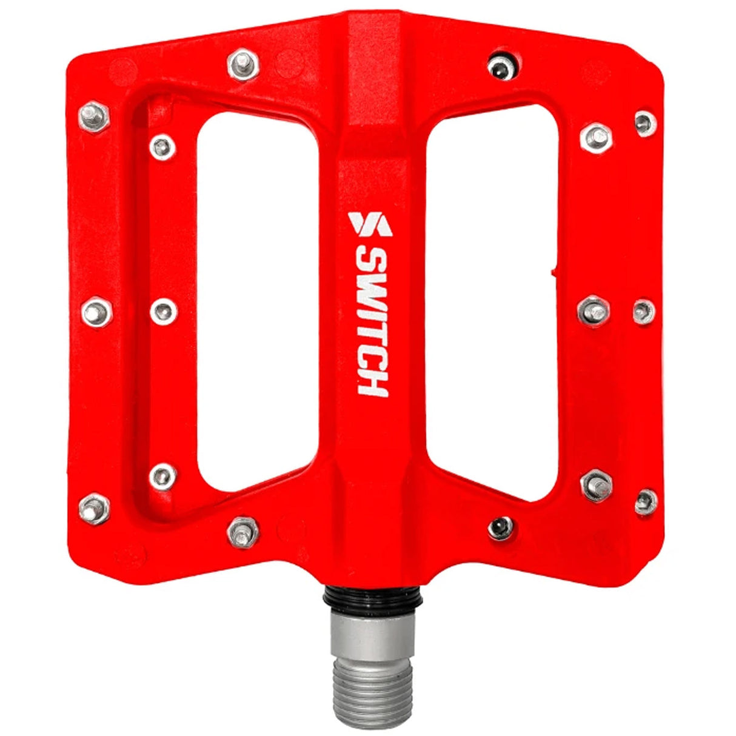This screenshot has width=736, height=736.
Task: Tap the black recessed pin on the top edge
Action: (x=503, y=65)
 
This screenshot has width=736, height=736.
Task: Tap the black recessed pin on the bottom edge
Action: (x=500, y=527)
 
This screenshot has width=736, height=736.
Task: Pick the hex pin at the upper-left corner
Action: (x=93, y=115)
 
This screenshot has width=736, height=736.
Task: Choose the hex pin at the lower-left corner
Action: (x=94, y=507)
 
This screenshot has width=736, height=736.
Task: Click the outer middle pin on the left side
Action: (x=96, y=312)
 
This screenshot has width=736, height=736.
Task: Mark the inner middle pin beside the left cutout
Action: (x=162, y=310)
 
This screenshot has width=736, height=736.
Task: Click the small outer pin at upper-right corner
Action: (x=645, y=123)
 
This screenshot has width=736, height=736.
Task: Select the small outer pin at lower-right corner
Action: (x=645, y=501)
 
